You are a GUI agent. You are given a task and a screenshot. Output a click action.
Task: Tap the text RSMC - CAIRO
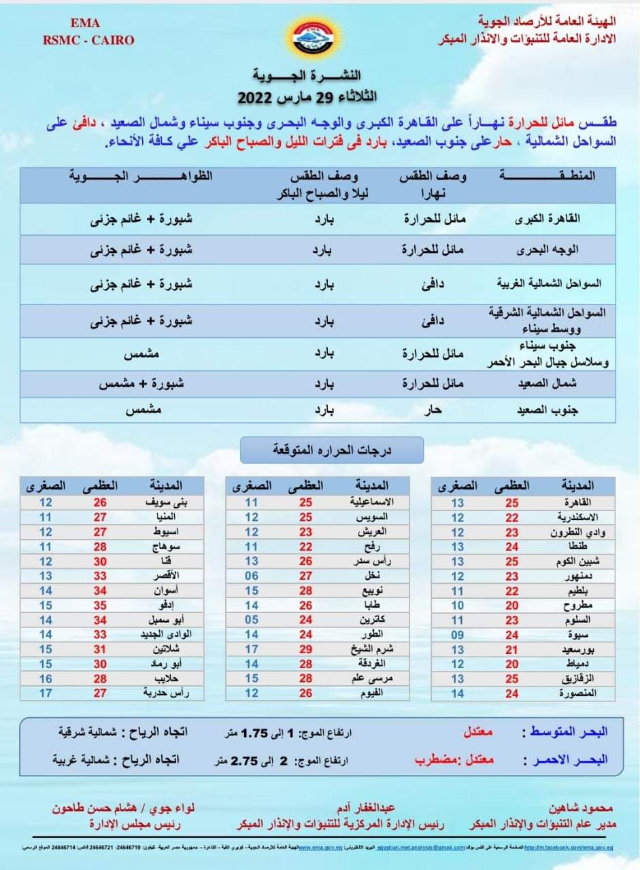pyautogui.click(x=88, y=40)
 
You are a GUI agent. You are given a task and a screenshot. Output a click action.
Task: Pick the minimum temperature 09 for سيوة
pyautogui.click(x=457, y=636)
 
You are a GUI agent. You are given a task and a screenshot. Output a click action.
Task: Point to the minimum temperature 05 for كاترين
pyautogui.click(x=252, y=620)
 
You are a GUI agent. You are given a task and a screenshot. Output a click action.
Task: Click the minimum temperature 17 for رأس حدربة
pyautogui.click(x=46, y=693)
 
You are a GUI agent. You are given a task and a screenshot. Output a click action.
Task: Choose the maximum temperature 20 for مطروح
pyautogui.click(x=512, y=606)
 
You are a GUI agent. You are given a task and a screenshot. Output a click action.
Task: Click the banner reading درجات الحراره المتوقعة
pyautogui.click(x=332, y=449)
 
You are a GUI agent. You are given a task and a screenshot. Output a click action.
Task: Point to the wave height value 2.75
pyautogui.click(x=243, y=760)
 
